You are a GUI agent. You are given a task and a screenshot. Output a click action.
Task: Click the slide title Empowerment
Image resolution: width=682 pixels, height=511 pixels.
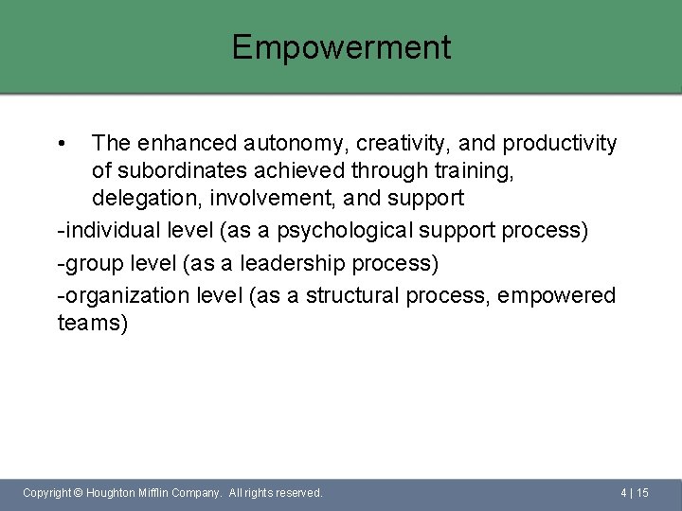coord(341,47)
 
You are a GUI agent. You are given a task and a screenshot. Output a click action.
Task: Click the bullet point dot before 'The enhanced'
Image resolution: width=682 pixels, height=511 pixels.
coord(61,145)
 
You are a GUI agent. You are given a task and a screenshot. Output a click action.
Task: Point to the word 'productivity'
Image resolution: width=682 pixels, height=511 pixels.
coord(560,144)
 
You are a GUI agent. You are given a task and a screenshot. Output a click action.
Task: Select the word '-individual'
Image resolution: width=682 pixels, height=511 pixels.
coord(105,231)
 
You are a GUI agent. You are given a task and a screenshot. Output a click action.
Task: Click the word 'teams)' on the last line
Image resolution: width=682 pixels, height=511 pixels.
coord(92,324)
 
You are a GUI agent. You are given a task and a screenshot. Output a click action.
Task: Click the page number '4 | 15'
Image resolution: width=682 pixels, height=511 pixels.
coord(634,493)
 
